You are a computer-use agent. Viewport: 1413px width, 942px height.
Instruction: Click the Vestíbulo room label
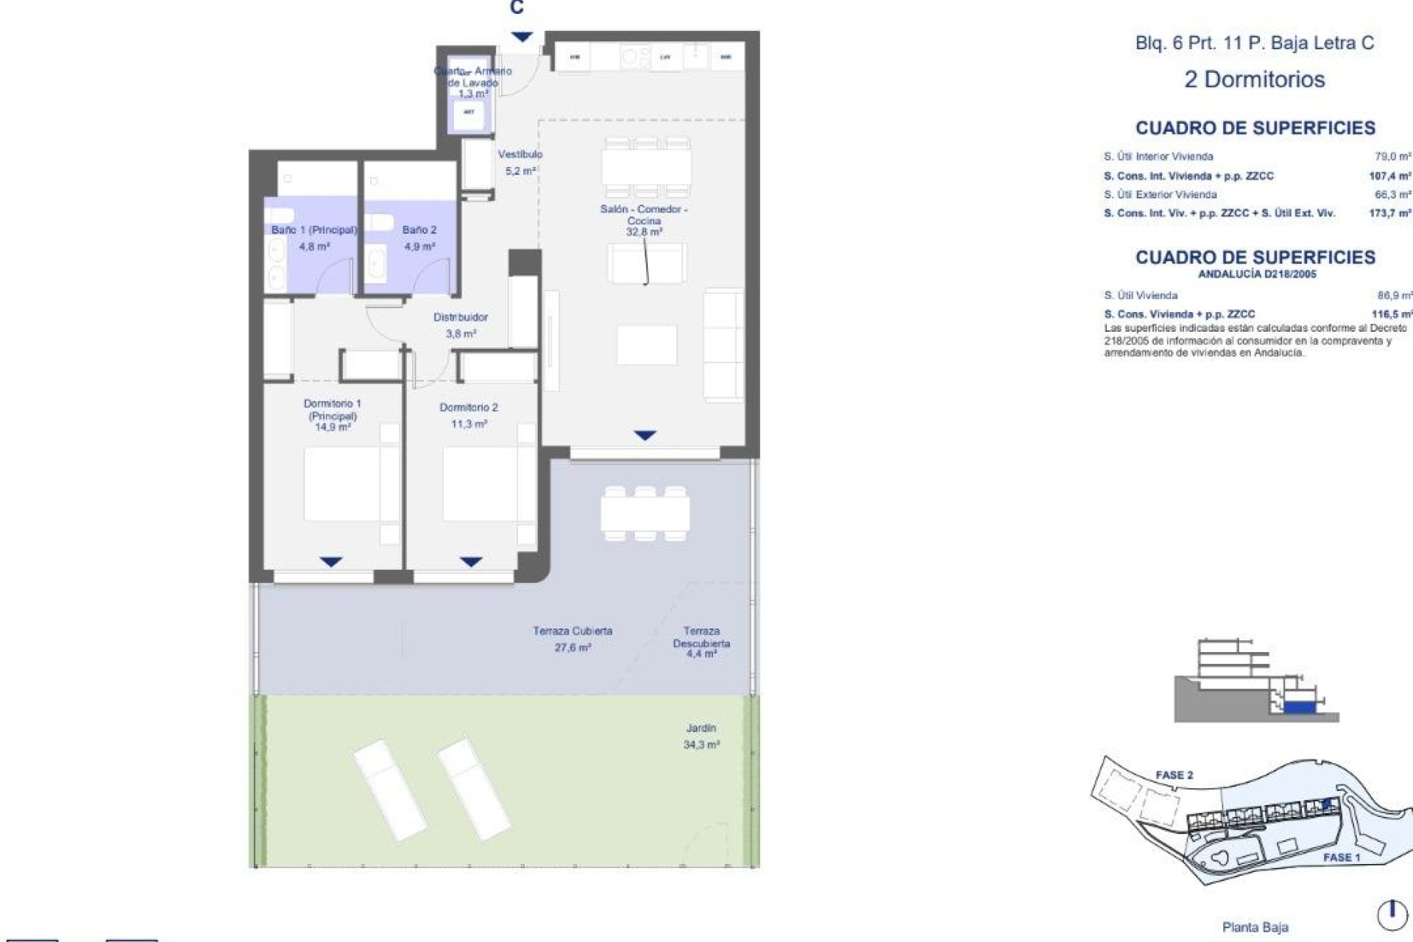[520, 155]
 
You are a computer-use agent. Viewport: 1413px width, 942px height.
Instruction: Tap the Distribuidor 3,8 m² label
[461, 325]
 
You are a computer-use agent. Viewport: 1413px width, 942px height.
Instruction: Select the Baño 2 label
[419, 230]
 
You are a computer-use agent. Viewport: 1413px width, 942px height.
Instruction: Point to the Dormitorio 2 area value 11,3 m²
[469, 424]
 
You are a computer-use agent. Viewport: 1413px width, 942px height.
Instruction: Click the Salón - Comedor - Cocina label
[644, 215]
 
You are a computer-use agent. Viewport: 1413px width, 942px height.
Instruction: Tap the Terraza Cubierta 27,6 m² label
[573, 639]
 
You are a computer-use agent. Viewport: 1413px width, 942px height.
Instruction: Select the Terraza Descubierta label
[701, 637]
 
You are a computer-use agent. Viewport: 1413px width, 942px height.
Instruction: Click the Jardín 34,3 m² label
[701, 736]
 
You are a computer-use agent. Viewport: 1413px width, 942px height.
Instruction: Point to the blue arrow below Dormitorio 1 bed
[331, 562]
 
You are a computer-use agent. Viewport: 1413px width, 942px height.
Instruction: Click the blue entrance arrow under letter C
[522, 37]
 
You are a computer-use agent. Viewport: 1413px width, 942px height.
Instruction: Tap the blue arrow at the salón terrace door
[645, 436]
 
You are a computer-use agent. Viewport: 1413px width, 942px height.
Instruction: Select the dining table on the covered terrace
[645, 513]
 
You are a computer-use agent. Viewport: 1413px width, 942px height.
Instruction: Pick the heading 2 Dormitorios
[1254, 79]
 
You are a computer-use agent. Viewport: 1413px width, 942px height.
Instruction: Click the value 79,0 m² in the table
[1393, 157]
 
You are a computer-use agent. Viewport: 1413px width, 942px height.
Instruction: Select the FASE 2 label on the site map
[1174, 775]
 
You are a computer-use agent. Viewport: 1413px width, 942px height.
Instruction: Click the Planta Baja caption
[1255, 927]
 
